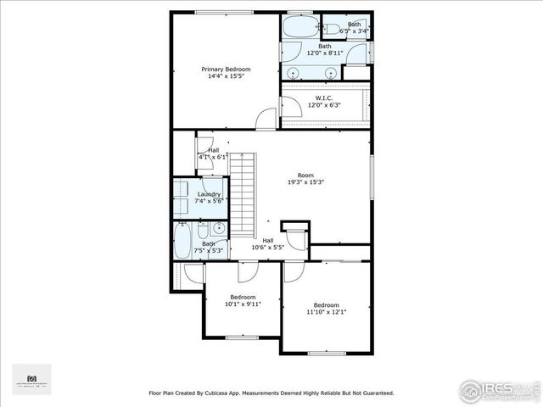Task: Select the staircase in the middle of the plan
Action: pos(244,196)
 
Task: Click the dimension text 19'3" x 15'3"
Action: pos(305,183)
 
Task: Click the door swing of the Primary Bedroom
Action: pos(267,120)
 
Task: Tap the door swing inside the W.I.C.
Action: pos(290,105)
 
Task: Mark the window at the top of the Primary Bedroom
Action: pos(221,12)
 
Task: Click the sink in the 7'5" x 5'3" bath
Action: pos(219,228)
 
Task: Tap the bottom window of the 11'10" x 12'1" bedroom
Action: pos(326,353)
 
